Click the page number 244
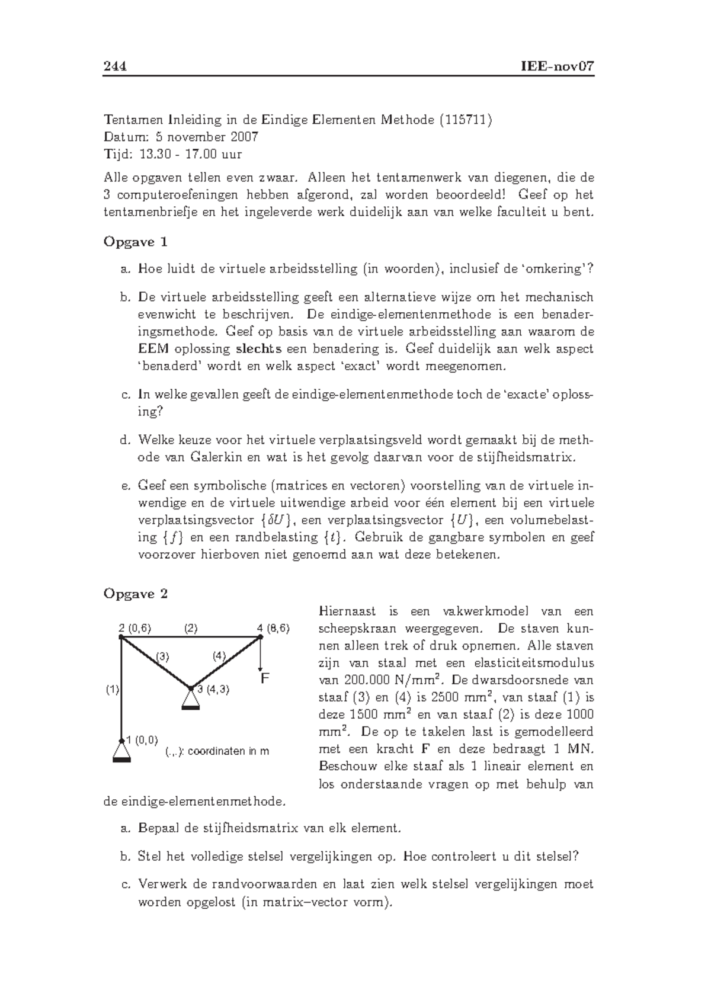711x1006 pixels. [x=116, y=66]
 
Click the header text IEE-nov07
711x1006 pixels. [x=556, y=66]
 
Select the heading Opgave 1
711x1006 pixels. [x=136, y=242]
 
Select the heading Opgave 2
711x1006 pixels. [x=136, y=594]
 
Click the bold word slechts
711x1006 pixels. [x=258, y=348]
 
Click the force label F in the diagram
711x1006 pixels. [x=265, y=678]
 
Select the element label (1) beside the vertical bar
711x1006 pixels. [x=113, y=689]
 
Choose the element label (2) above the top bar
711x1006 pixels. [x=190, y=628]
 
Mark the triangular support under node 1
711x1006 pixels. [x=121, y=752]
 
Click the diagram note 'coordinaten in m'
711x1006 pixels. [x=228, y=751]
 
